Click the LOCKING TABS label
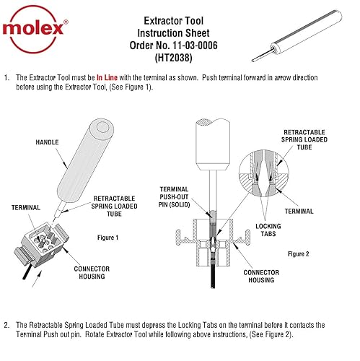coord(268,231)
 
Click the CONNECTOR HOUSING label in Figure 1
coord(92,273)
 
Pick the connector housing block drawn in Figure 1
coord(45,242)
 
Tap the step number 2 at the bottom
coord(6,326)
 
